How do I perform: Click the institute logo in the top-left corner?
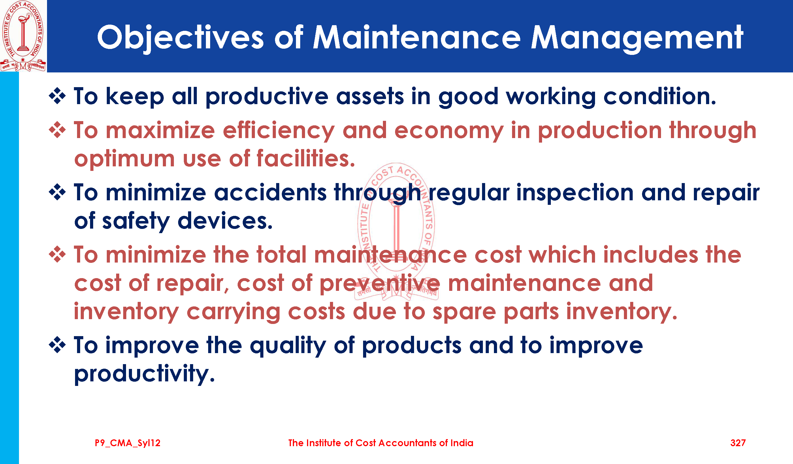point(23,36)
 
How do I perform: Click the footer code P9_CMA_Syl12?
point(127,443)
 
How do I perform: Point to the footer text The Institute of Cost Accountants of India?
point(381,443)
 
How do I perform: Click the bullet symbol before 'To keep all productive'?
point(57,96)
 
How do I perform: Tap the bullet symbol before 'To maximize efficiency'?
point(57,130)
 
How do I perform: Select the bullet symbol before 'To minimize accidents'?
point(57,192)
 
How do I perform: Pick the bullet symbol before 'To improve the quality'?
point(57,345)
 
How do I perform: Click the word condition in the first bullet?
point(660,96)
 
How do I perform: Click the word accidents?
point(270,192)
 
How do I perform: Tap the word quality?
point(288,346)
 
